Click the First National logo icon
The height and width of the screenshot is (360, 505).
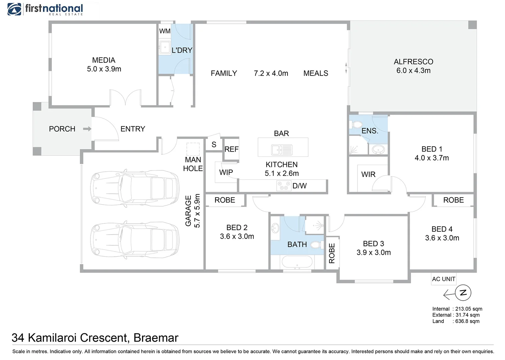(x=14, y=9)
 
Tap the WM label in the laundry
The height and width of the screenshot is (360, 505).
(x=164, y=31)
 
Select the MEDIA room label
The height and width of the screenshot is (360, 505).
(x=104, y=60)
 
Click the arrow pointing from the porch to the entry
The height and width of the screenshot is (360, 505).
(x=87, y=129)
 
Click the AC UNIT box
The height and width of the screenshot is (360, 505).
(x=443, y=279)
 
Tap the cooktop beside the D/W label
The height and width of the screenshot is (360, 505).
(x=284, y=186)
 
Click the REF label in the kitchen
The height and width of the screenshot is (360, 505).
(x=231, y=149)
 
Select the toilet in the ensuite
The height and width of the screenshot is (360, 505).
(x=356, y=125)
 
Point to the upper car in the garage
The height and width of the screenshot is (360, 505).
(x=135, y=188)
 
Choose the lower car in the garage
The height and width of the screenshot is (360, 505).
(x=135, y=240)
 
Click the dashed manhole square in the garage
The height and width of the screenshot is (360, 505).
(x=193, y=149)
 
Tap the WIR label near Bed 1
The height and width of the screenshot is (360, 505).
(x=368, y=174)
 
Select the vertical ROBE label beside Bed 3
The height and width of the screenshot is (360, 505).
(x=332, y=253)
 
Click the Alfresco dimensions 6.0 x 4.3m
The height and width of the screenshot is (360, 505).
(x=414, y=71)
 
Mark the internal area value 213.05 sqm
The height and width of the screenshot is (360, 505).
(x=469, y=309)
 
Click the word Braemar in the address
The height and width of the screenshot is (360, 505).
(x=156, y=338)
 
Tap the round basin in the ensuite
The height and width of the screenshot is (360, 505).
(x=378, y=149)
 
